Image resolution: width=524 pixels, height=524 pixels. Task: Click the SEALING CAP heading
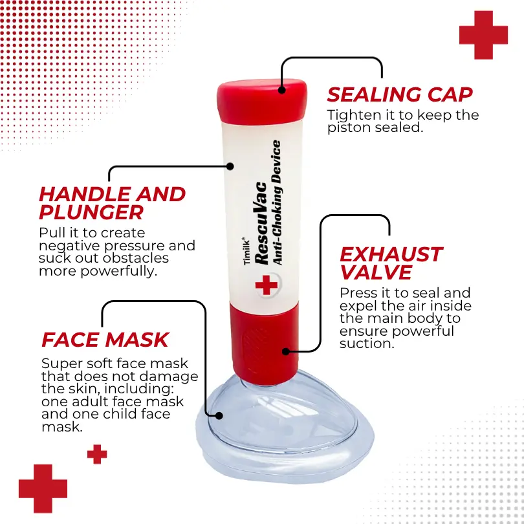click(400, 94)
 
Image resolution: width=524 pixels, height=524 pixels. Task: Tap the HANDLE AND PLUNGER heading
click(113, 203)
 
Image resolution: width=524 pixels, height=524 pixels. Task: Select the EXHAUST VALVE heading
click(391, 263)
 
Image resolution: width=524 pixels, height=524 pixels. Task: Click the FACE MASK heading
click(105, 340)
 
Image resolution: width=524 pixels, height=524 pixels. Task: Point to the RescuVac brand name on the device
click(261, 224)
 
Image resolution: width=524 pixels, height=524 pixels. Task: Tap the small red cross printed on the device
click(267, 285)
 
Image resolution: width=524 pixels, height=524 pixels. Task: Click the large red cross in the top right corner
click(483, 35)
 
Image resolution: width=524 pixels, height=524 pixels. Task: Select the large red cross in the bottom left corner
click(43, 488)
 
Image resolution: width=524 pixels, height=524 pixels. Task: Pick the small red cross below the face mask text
click(97, 454)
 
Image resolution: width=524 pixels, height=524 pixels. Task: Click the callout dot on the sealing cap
click(281, 89)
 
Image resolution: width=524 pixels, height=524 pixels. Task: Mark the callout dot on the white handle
click(230, 166)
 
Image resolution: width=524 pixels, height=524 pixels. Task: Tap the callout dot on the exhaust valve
click(286, 351)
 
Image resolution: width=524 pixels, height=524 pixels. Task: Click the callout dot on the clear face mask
click(219, 416)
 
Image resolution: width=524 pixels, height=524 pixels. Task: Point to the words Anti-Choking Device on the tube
click(276, 202)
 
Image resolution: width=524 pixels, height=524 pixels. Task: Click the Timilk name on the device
click(246, 251)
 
